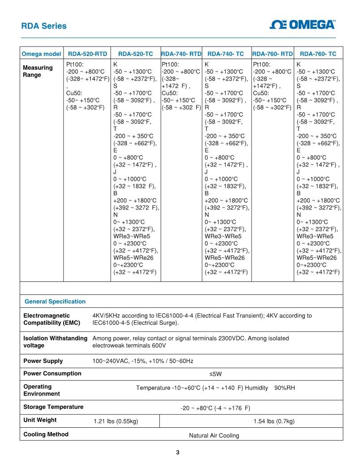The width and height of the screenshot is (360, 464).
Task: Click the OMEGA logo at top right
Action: (x=303, y=25)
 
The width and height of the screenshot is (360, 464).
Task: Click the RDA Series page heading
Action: (x=44, y=26)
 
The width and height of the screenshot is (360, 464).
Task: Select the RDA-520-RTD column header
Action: (x=87, y=54)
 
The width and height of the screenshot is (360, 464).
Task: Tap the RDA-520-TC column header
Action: (x=136, y=54)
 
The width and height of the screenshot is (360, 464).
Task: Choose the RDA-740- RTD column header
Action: (x=181, y=54)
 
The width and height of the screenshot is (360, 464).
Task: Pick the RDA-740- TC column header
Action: (x=226, y=54)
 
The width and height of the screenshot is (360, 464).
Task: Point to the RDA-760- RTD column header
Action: (x=273, y=54)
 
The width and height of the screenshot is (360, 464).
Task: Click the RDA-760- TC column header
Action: (x=318, y=54)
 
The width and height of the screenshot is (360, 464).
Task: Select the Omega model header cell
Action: (x=42, y=54)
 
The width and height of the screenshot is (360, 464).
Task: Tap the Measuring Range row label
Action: (x=38, y=71)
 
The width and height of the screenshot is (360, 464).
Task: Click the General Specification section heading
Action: (x=55, y=302)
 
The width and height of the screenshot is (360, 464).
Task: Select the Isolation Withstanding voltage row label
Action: (x=55, y=341)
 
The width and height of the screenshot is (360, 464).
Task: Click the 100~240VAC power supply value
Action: (x=143, y=361)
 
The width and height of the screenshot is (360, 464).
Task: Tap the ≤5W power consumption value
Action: (x=216, y=374)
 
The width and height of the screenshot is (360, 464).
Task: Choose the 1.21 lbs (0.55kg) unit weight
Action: (x=116, y=421)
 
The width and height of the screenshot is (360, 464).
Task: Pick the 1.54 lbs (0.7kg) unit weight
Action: (x=274, y=421)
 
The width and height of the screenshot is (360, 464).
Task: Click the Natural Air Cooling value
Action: (x=214, y=435)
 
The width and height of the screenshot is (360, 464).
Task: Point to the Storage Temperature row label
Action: (x=53, y=407)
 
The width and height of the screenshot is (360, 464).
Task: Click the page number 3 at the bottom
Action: (x=178, y=452)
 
